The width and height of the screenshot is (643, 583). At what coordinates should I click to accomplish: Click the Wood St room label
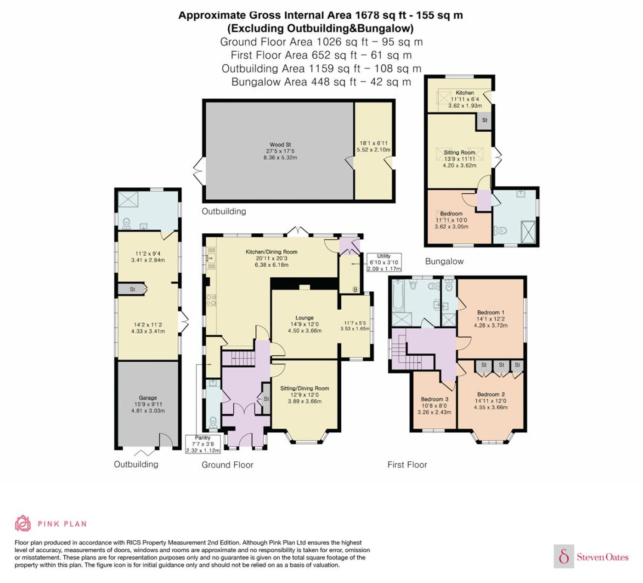(x=280, y=145)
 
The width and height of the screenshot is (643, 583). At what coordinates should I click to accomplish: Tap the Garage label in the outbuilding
(x=148, y=398)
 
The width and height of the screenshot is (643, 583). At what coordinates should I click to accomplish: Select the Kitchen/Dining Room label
(x=271, y=252)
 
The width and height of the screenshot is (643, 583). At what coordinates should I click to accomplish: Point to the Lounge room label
(x=305, y=318)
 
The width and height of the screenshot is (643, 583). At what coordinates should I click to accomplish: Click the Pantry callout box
(x=203, y=444)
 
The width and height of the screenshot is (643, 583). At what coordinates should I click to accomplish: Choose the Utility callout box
(x=384, y=262)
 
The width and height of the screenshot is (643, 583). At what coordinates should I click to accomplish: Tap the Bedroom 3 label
(x=434, y=399)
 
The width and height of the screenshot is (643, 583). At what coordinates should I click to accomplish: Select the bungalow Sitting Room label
(x=459, y=152)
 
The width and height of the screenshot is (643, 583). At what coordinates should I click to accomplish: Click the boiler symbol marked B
(x=355, y=289)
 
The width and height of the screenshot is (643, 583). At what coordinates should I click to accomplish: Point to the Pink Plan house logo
(x=23, y=523)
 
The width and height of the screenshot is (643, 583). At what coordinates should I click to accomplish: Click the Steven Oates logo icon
(x=564, y=556)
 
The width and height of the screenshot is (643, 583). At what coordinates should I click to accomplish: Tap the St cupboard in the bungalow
(x=485, y=121)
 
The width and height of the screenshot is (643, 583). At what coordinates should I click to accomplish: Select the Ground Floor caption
(x=227, y=465)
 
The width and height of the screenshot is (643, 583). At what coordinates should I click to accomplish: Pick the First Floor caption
(x=407, y=465)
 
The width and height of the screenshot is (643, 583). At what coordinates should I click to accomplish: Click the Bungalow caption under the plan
(x=444, y=261)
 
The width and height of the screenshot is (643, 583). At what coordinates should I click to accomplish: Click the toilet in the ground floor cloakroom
(x=213, y=422)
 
